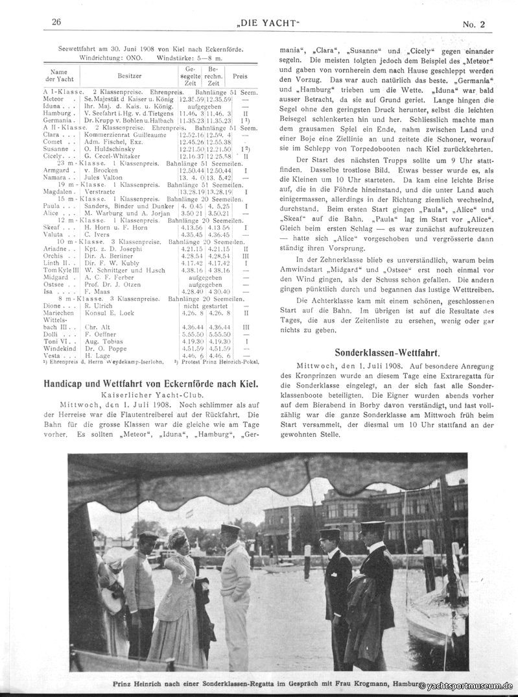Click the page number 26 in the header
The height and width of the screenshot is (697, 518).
(56, 21)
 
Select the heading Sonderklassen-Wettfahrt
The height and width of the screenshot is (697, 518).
(387, 353)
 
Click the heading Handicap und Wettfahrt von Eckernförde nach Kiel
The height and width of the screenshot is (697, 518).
(150, 384)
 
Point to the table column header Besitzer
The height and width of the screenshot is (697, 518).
(130, 76)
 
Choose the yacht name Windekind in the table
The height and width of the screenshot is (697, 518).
(60, 348)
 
